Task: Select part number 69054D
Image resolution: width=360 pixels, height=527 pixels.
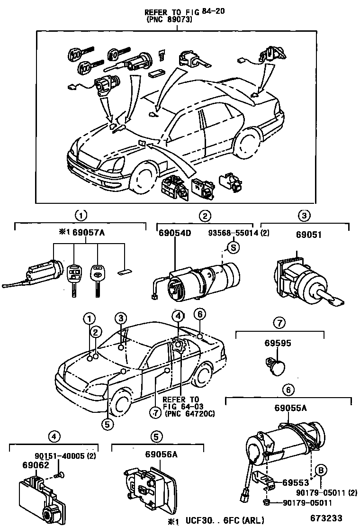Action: click(x=175, y=233)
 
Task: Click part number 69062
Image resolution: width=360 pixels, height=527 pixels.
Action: click(x=36, y=466)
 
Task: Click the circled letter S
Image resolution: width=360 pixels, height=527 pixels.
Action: click(x=233, y=246)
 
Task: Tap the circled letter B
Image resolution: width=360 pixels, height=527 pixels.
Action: click(x=320, y=470)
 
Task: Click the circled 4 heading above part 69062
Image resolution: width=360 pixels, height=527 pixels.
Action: click(x=55, y=436)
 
